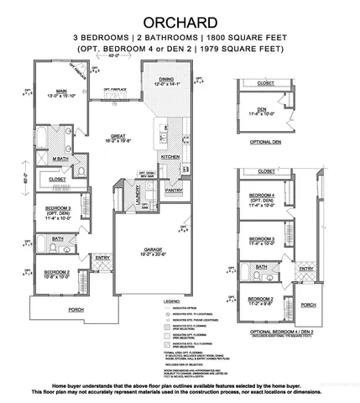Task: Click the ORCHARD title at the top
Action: coord(180,20)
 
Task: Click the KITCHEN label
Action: coord(171,157)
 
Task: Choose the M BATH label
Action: coord(60,158)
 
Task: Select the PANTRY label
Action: coord(174,191)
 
